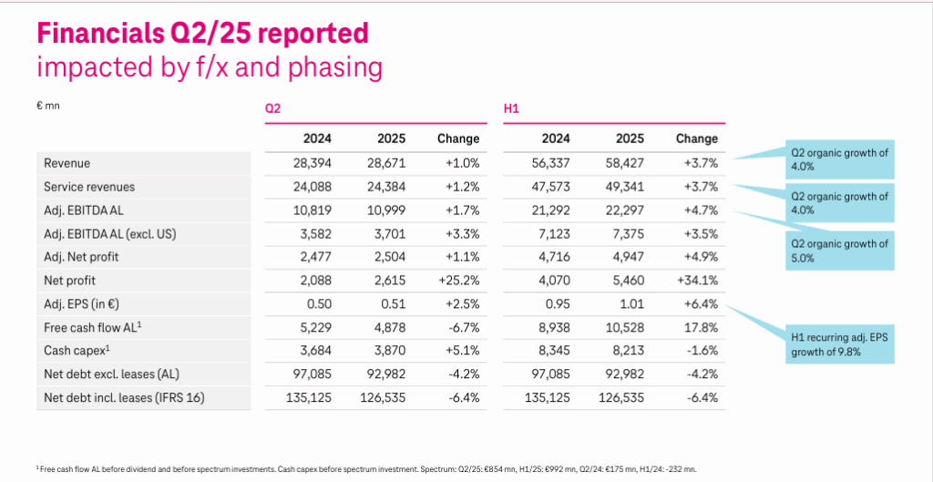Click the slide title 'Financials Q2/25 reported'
coord(201,33)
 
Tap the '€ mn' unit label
coord(47,106)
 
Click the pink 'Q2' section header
coord(272,108)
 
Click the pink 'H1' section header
coord(511,108)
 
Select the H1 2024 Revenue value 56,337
coord(549,163)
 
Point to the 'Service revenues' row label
coord(88,187)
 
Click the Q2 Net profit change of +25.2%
coord(458,281)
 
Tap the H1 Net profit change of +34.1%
coord(697,281)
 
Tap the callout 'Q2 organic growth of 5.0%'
coord(837,251)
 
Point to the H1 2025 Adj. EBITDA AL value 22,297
coord(623,210)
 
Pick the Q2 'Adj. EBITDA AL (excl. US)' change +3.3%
coord(460,234)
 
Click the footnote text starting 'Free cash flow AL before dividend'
coord(364,468)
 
